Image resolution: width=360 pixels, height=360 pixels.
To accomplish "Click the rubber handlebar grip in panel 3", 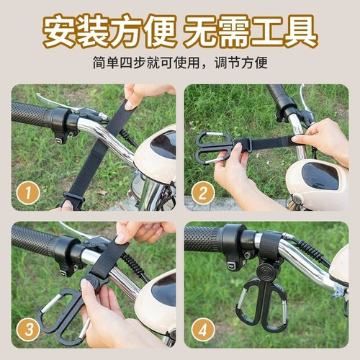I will click(x=32, y=241).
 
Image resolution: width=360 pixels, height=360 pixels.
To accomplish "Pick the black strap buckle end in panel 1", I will click(x=73, y=199).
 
